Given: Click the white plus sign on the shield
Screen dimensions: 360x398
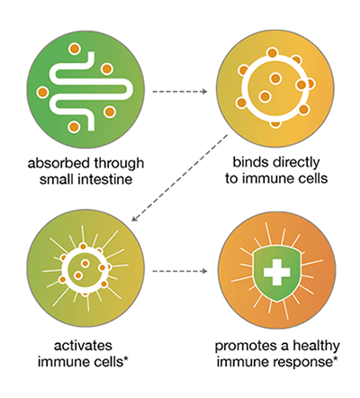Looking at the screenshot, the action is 276,272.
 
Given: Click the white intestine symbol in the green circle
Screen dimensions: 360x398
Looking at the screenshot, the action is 89,91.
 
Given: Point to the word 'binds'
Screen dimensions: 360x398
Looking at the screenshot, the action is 250,162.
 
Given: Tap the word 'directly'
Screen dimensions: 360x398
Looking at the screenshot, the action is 296,164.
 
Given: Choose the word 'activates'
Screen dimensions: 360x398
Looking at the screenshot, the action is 83,346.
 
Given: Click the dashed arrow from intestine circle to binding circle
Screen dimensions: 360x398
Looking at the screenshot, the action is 180,91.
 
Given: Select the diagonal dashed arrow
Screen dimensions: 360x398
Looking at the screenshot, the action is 179,178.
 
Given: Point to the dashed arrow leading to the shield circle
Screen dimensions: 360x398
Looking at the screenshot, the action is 180,271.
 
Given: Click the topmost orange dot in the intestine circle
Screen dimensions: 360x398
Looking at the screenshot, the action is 74,49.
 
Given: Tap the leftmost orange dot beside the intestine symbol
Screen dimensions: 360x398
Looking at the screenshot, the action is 42,92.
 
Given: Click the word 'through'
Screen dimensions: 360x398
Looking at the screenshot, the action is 119,164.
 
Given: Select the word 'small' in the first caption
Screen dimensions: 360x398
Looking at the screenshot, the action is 57,179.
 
